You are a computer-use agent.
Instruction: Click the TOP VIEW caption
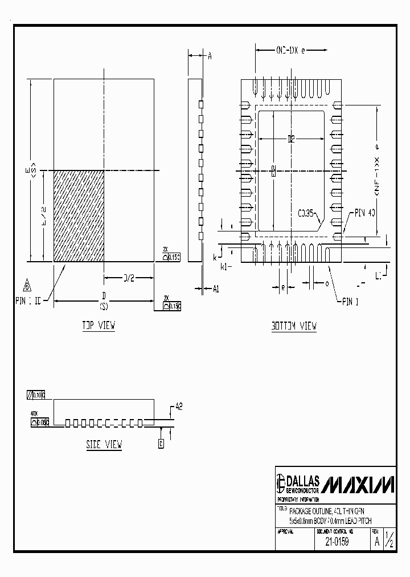coord(99,326)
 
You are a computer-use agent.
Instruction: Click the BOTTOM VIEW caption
coord(294,326)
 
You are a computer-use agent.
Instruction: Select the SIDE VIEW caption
coord(104,444)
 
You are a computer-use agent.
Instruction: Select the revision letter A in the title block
coord(376,542)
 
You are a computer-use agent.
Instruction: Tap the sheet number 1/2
coord(389,539)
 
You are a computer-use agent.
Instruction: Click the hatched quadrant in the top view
coord(79,216)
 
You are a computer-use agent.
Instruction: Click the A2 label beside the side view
coord(178,407)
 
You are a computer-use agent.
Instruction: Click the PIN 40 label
coord(365,213)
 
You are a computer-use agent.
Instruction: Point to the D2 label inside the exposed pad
coord(291,139)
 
